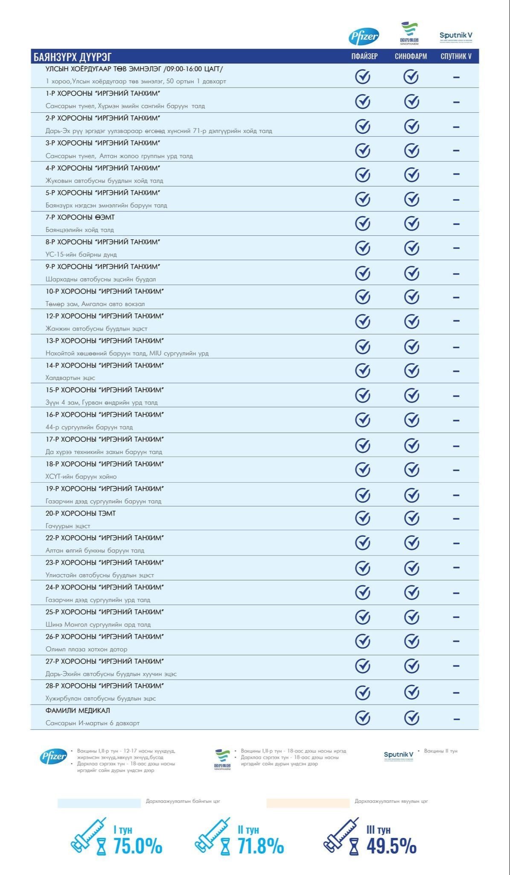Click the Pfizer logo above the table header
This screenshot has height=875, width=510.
(x=364, y=37)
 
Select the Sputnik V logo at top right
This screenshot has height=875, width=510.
(x=456, y=36)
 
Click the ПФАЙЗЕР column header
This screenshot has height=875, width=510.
(x=364, y=56)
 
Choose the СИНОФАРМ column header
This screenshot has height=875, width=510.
(x=411, y=56)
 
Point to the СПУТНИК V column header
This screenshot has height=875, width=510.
(x=456, y=56)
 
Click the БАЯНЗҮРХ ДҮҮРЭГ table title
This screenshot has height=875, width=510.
(x=73, y=57)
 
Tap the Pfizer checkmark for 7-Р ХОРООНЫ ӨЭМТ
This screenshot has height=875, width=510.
(x=363, y=223)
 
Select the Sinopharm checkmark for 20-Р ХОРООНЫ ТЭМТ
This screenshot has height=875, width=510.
(x=411, y=518)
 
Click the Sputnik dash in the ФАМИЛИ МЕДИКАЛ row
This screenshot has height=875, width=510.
(x=456, y=719)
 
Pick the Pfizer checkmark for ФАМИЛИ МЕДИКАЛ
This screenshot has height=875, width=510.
(x=363, y=718)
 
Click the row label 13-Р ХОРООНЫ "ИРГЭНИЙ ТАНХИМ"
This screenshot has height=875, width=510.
(x=105, y=341)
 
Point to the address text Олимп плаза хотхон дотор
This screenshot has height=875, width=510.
(x=86, y=649)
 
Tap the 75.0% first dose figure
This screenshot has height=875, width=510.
(x=137, y=846)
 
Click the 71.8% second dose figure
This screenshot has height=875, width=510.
(x=260, y=846)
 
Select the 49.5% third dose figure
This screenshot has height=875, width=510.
(x=391, y=846)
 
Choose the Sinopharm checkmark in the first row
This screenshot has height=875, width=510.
(x=411, y=77)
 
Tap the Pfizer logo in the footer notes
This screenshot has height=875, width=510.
(x=53, y=757)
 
